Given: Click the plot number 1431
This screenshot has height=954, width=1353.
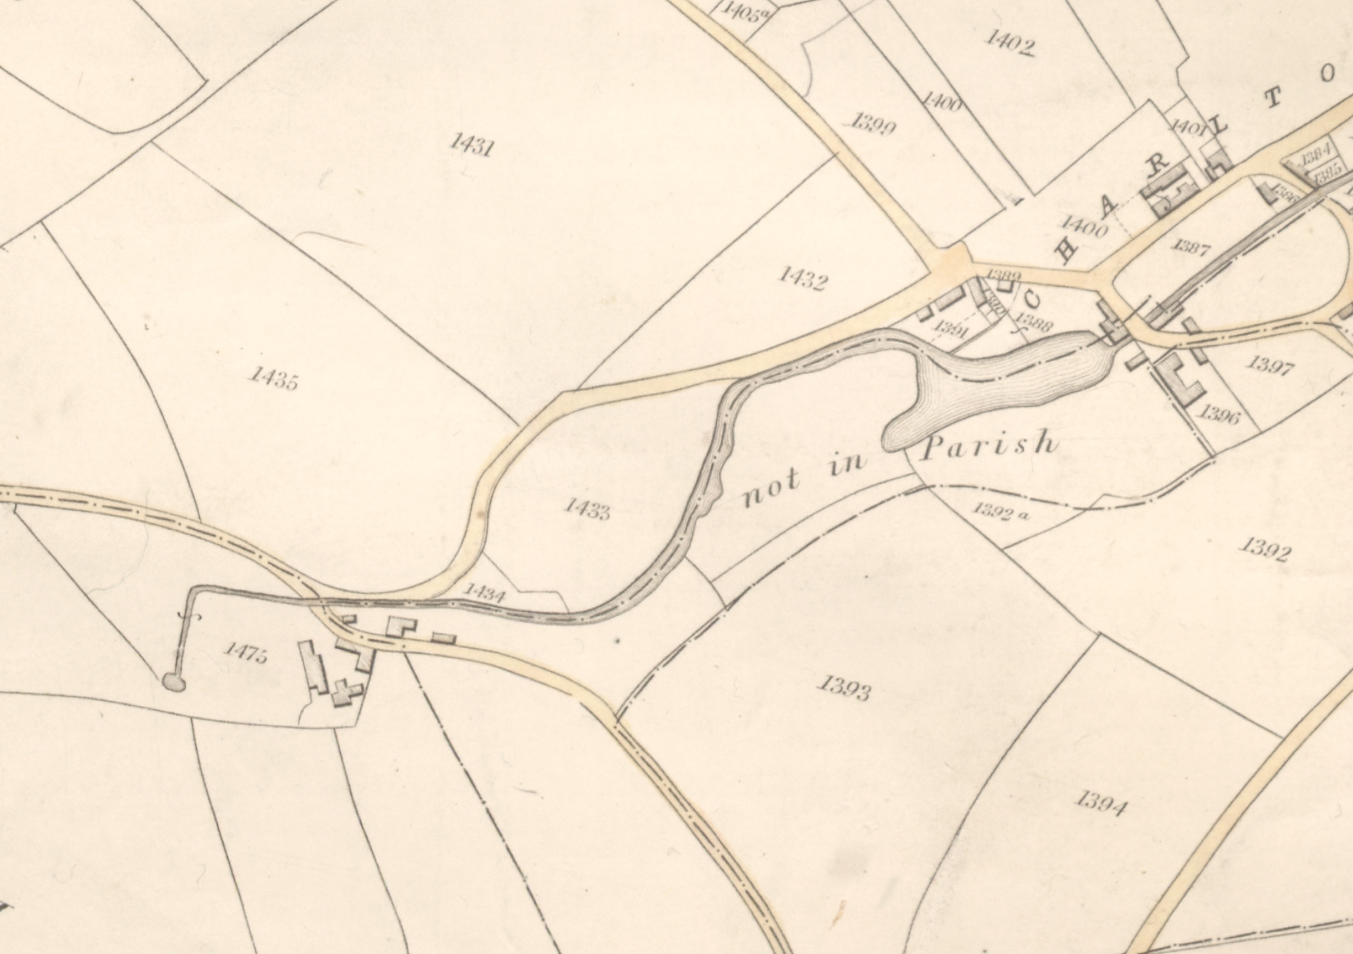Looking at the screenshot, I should pyautogui.click(x=471, y=143).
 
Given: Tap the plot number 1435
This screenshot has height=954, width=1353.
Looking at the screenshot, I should pyautogui.click(x=274, y=377).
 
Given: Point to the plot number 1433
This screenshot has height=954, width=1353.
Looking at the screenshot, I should pyautogui.click(x=587, y=508).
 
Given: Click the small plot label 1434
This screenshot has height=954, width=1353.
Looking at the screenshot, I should pyautogui.click(x=485, y=593).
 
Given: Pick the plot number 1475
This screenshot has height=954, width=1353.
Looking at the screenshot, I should pyautogui.click(x=246, y=653).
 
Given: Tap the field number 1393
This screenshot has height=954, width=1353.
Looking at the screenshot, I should pyautogui.click(x=844, y=687).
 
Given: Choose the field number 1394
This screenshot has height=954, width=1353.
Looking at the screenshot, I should pyautogui.click(x=1101, y=804).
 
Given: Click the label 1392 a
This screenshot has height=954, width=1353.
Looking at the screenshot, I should pyautogui.click(x=1001, y=512).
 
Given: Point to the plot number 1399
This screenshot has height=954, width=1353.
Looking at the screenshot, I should pyautogui.click(x=873, y=123).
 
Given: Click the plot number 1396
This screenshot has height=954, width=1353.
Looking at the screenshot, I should pyautogui.click(x=1220, y=414).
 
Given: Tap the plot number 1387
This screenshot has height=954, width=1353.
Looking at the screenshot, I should pyautogui.click(x=1191, y=247).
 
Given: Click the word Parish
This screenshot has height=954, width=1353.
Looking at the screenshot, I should pyautogui.click(x=989, y=444).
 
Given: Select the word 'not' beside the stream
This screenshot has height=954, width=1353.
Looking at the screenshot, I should pyautogui.click(x=772, y=489).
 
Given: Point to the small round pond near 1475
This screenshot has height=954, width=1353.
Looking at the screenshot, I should pyautogui.click(x=174, y=682).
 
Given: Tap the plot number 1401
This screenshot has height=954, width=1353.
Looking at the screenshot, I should pyautogui.click(x=1188, y=128).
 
